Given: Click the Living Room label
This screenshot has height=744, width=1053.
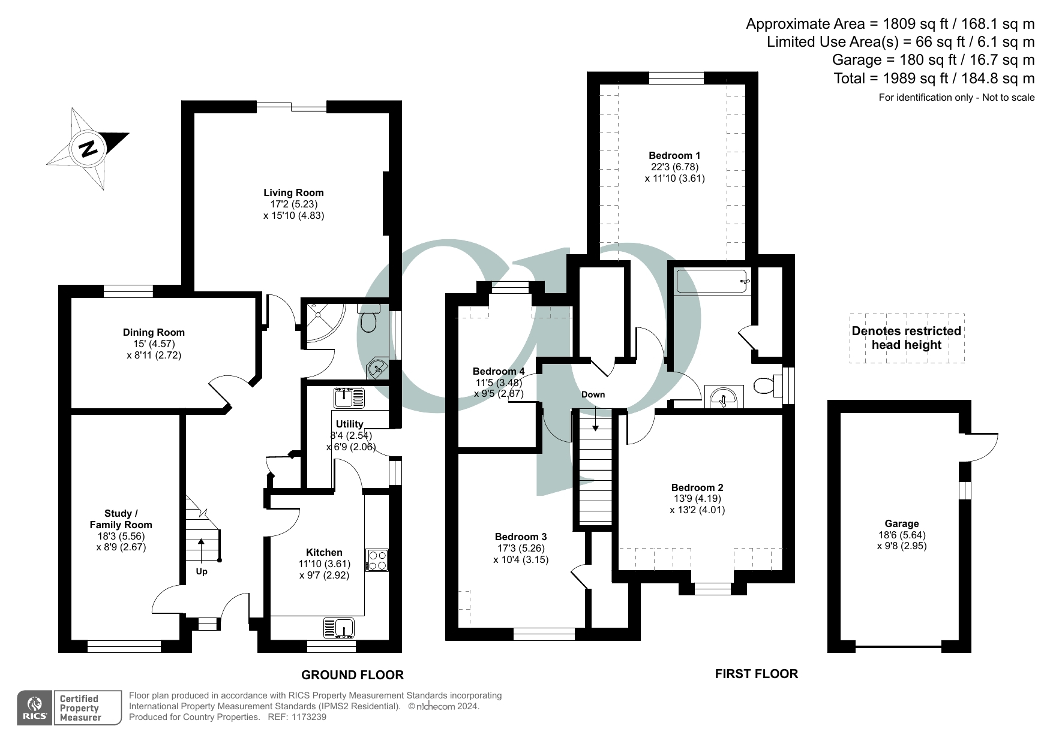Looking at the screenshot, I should click(x=293, y=192).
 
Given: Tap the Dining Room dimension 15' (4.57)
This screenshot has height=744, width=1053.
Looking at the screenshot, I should click(x=154, y=344).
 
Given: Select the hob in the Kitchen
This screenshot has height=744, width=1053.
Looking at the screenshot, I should click(x=377, y=560).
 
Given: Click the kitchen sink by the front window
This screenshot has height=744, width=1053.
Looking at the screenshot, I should click(x=339, y=627).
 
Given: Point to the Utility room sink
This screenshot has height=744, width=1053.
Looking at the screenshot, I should click(x=349, y=397).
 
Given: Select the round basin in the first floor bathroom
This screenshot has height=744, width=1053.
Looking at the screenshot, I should click(x=723, y=396).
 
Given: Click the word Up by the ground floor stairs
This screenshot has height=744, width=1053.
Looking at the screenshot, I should click(x=202, y=571).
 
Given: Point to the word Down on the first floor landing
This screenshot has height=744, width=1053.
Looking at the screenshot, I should click(x=593, y=394).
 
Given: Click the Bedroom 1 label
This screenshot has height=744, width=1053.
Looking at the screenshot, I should click(x=674, y=155).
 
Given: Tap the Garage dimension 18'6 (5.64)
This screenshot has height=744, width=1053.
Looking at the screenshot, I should click(x=901, y=535).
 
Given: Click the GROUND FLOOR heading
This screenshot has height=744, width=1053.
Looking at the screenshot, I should click(x=352, y=675).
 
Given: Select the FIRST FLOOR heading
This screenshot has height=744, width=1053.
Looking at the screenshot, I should click(x=756, y=674).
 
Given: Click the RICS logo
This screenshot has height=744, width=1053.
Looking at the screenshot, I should click(x=34, y=708).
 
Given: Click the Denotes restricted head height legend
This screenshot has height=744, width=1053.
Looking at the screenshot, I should click(x=906, y=338).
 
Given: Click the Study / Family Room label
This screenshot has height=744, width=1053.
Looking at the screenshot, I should click(x=121, y=519).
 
